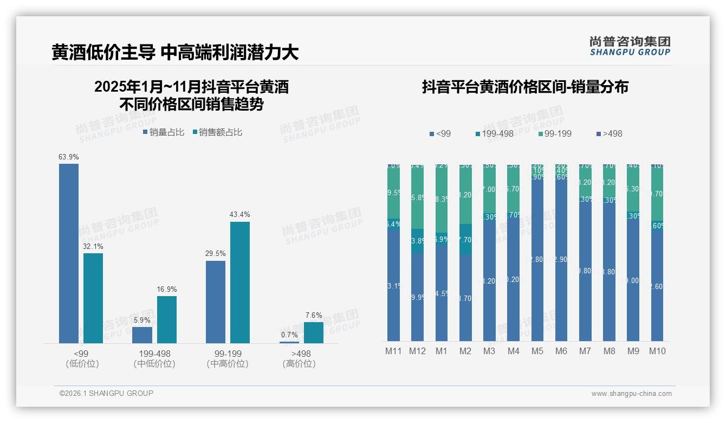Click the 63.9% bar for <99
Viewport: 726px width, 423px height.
click(69, 253)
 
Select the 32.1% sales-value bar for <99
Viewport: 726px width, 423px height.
click(93, 298)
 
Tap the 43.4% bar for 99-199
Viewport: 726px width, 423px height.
click(240, 282)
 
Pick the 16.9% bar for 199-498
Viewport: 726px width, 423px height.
click(167, 319)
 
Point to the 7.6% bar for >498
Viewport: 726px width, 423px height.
click(313, 332)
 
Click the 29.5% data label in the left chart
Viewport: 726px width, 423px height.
click(216, 253)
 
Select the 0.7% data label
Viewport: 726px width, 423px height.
click(289, 335)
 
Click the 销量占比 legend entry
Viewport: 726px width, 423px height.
click(164, 132)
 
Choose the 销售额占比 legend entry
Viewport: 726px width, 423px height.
click(217, 132)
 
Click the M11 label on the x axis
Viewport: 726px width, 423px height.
click(393, 351)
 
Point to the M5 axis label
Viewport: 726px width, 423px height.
click(537, 351)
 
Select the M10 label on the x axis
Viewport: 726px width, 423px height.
click(657, 351)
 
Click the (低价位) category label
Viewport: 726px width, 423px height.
click(82, 364)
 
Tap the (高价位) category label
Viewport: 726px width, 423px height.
click(299, 364)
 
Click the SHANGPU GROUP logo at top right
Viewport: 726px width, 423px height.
click(630, 46)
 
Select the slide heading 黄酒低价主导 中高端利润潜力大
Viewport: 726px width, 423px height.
click(175, 52)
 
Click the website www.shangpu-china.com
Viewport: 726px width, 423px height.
click(631, 394)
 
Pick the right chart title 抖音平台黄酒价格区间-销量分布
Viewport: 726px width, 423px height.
click(525, 87)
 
